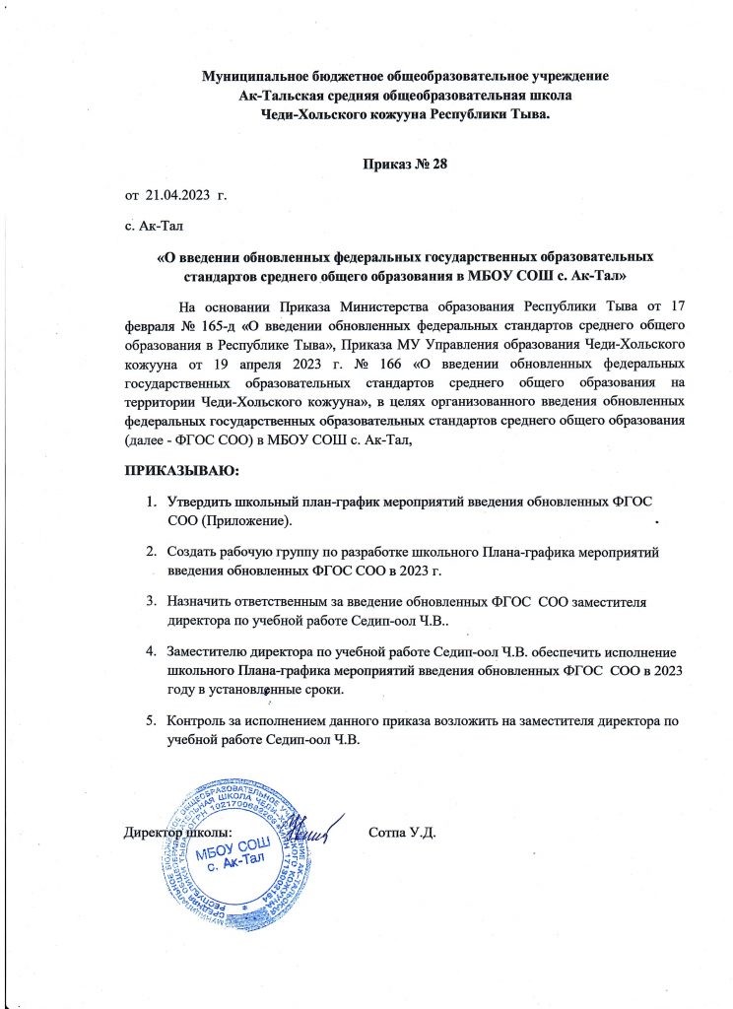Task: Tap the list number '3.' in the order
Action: [x=153, y=598]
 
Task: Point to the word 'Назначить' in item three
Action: [x=203, y=598]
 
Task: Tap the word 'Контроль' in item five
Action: [x=201, y=722]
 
